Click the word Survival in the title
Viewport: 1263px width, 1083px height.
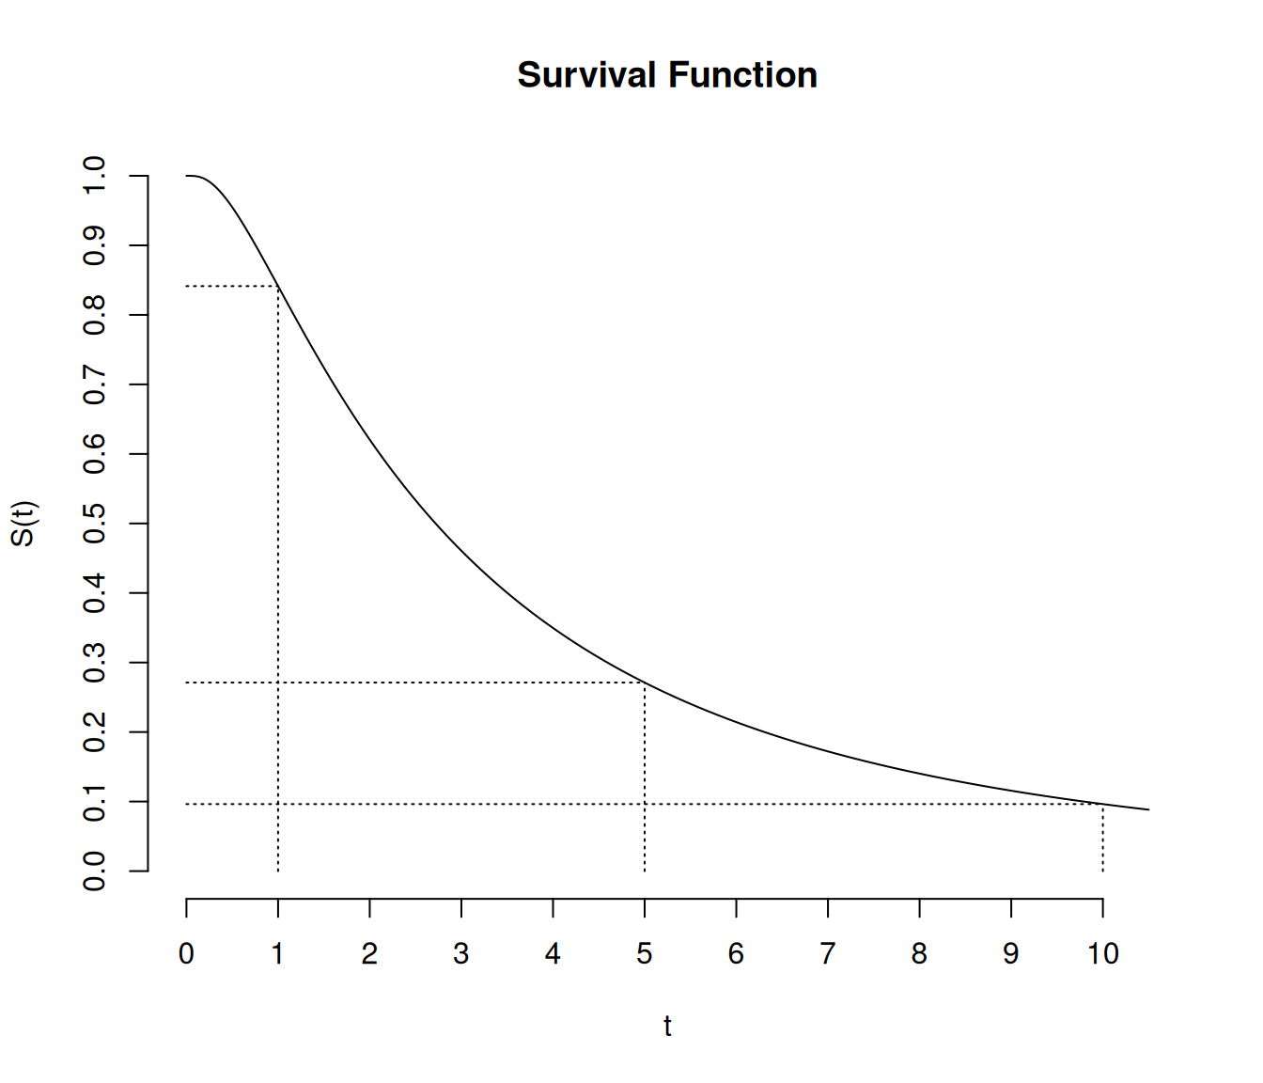[586, 75]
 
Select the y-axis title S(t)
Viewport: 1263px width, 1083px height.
[23, 523]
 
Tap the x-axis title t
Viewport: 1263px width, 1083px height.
[667, 1026]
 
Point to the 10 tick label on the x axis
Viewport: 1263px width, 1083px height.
[1103, 954]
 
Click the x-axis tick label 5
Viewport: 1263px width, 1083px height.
[645, 954]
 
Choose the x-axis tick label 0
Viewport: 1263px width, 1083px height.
[186, 954]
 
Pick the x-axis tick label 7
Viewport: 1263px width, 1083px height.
[828, 954]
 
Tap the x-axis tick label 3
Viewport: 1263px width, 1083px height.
[461, 954]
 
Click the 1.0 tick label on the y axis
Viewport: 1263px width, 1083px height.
[95, 176]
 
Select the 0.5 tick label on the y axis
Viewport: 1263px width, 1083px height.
[95, 524]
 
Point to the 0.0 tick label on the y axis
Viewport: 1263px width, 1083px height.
[95, 871]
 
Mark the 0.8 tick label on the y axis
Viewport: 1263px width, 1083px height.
[95, 315]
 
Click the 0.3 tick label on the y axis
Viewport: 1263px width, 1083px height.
[95, 663]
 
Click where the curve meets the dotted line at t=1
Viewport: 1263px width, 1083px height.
[278, 286]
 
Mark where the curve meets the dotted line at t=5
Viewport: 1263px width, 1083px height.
[645, 683]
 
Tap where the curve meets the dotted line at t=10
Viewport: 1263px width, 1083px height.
[1102, 805]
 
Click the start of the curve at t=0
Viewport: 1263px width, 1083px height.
[187, 176]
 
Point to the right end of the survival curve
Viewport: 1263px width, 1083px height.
[1148, 809]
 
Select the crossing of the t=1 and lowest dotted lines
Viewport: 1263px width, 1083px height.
[278, 805]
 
